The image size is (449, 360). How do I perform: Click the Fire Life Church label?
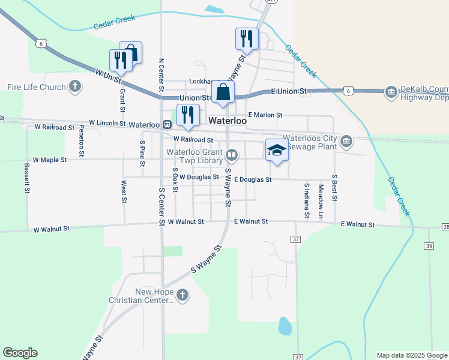[36, 88]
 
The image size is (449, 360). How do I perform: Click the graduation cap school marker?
[277, 150]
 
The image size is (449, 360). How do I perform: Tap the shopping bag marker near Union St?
[223, 93]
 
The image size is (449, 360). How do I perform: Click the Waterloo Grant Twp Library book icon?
[232, 156]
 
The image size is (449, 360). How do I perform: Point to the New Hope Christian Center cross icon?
[183, 296]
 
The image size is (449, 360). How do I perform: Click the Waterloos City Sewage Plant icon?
[346, 142]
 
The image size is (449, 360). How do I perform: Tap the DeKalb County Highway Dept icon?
[391, 92]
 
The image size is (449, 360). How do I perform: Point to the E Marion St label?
[265, 115]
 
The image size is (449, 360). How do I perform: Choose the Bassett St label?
[27, 178]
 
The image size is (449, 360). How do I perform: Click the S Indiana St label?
[306, 199]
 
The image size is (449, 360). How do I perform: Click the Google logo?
[20, 353]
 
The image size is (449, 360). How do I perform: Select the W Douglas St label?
[199, 178]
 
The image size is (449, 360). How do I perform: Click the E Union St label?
[289, 91]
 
